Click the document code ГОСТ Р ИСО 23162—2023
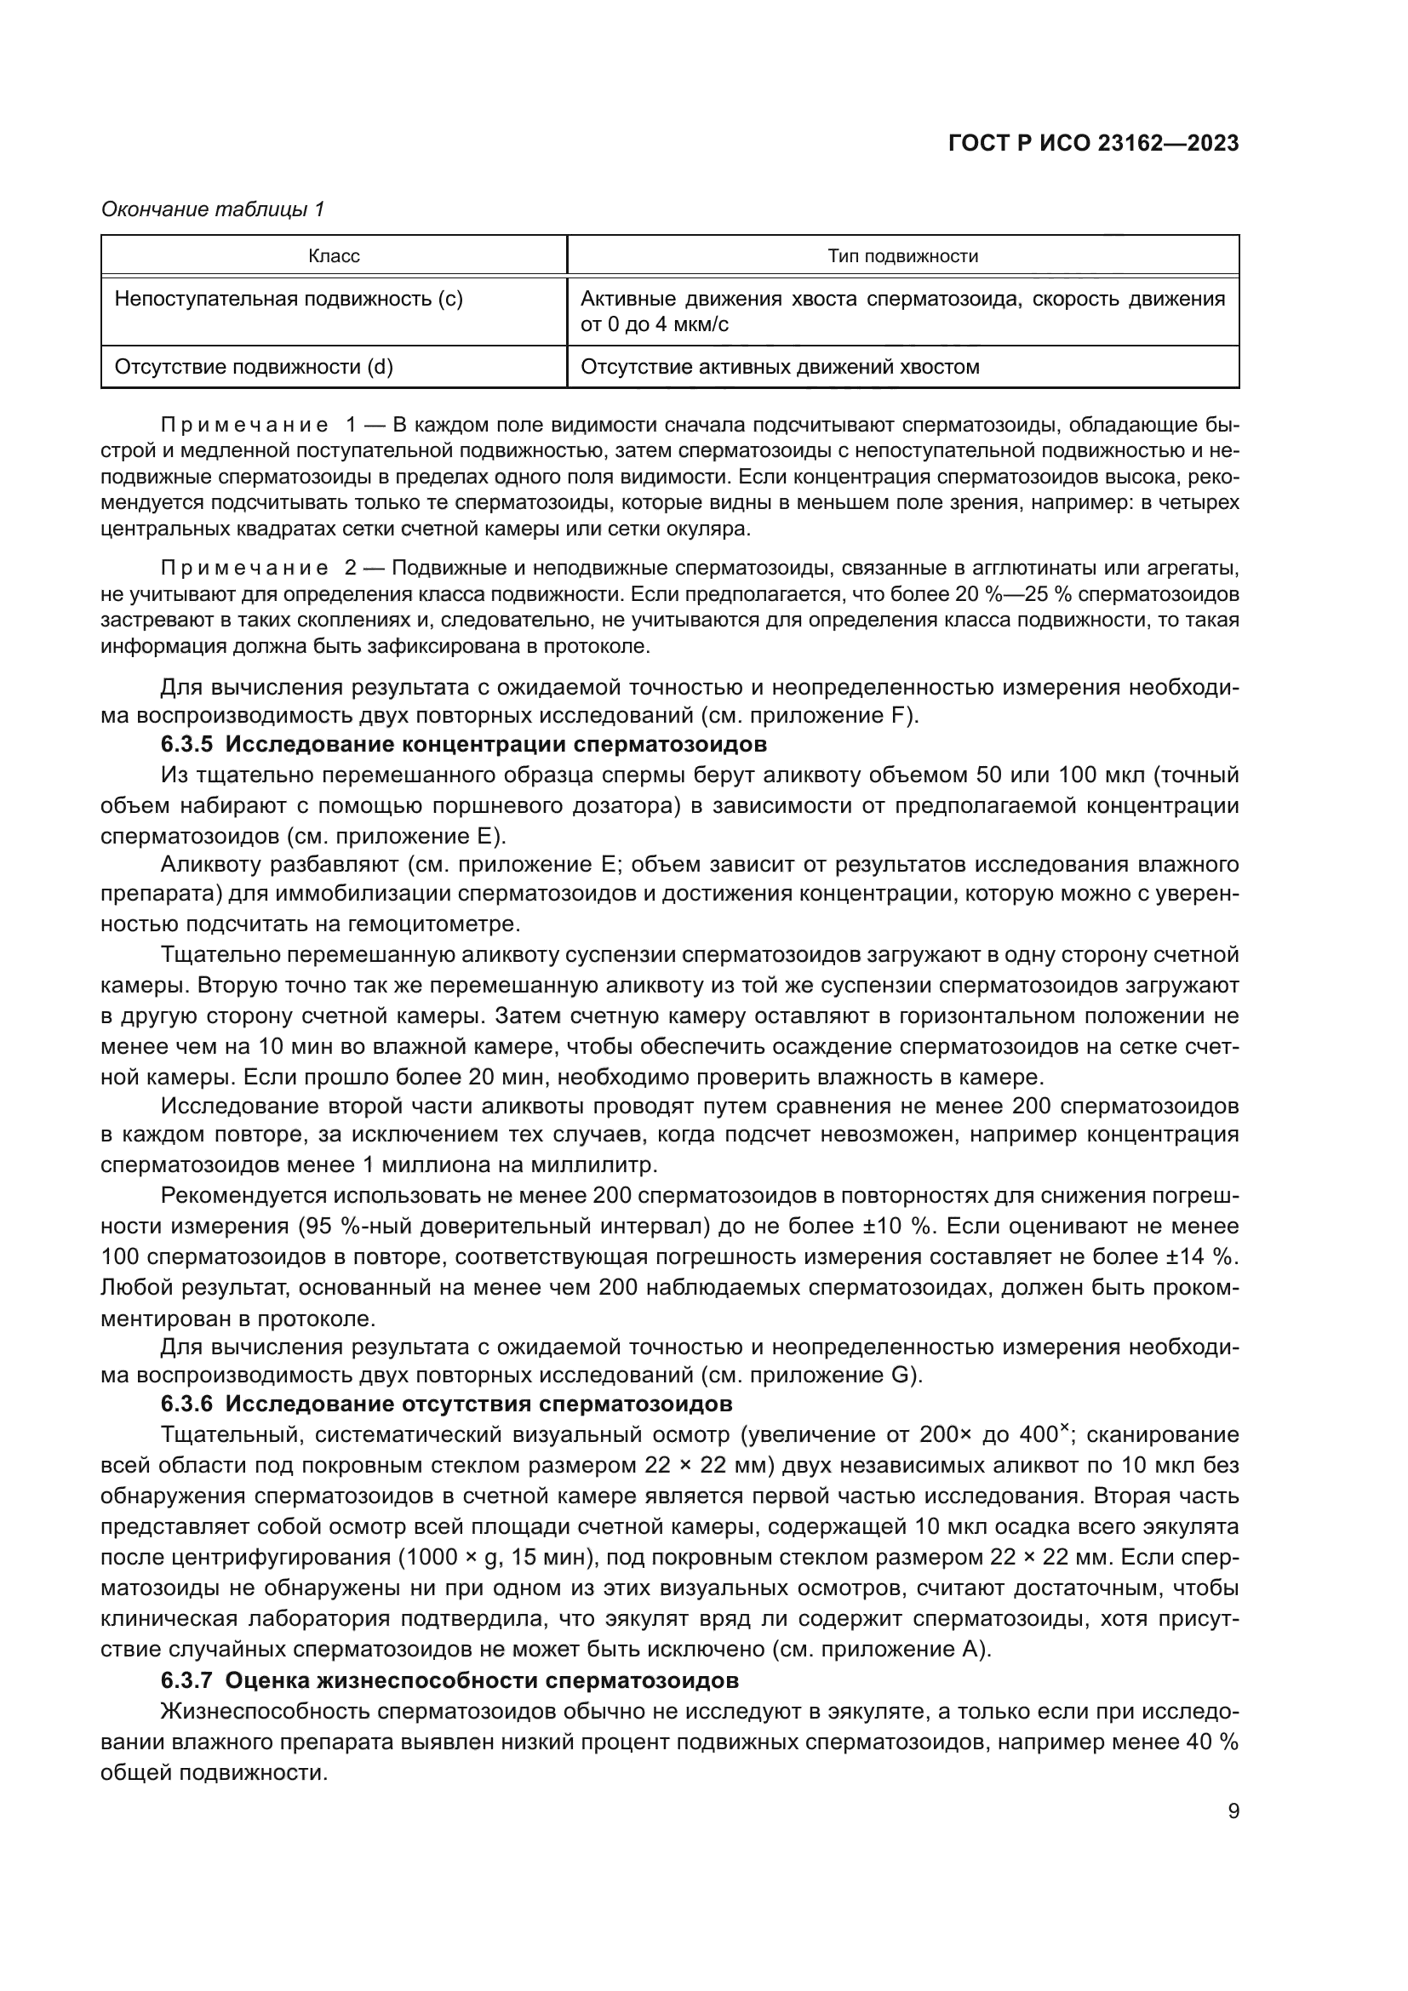pyautogui.click(x=1093, y=144)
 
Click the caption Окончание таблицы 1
pyautogui.click(x=213, y=209)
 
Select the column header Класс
pyautogui.click(x=334, y=256)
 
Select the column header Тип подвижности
pyautogui.click(x=902, y=256)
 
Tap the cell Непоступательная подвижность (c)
pyautogui.click(x=289, y=299)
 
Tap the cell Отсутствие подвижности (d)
pyautogui.click(x=254, y=367)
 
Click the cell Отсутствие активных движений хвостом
pyautogui.click(x=780, y=367)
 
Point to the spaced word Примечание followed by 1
pyautogui.click(x=244, y=425)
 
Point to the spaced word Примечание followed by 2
pyautogui.click(x=244, y=568)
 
